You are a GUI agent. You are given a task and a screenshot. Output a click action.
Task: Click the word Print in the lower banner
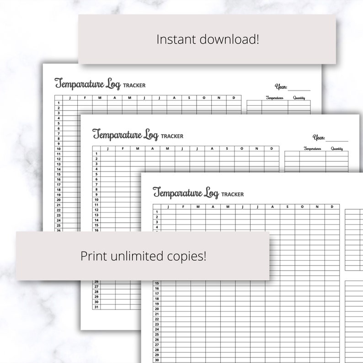(x=93, y=256)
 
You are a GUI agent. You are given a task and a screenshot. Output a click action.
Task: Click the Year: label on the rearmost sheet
(x=281, y=86)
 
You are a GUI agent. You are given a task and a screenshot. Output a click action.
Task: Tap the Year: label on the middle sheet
(x=319, y=137)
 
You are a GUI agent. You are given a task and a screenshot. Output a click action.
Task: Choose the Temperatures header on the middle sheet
(x=312, y=149)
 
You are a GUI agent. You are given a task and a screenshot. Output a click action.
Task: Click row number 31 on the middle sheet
(x=96, y=307)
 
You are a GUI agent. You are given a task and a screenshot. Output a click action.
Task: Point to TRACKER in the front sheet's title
(x=232, y=194)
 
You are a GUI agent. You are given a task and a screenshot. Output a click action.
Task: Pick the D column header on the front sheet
(x=331, y=207)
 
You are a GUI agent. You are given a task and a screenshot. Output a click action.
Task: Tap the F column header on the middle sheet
(x=123, y=148)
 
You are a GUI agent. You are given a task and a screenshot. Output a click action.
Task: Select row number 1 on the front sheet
(x=157, y=212)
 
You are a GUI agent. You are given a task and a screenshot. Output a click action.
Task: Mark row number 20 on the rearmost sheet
(x=59, y=200)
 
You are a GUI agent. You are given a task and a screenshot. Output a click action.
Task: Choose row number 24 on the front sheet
(x=157, y=329)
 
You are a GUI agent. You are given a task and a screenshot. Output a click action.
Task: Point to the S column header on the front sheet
(x=287, y=207)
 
